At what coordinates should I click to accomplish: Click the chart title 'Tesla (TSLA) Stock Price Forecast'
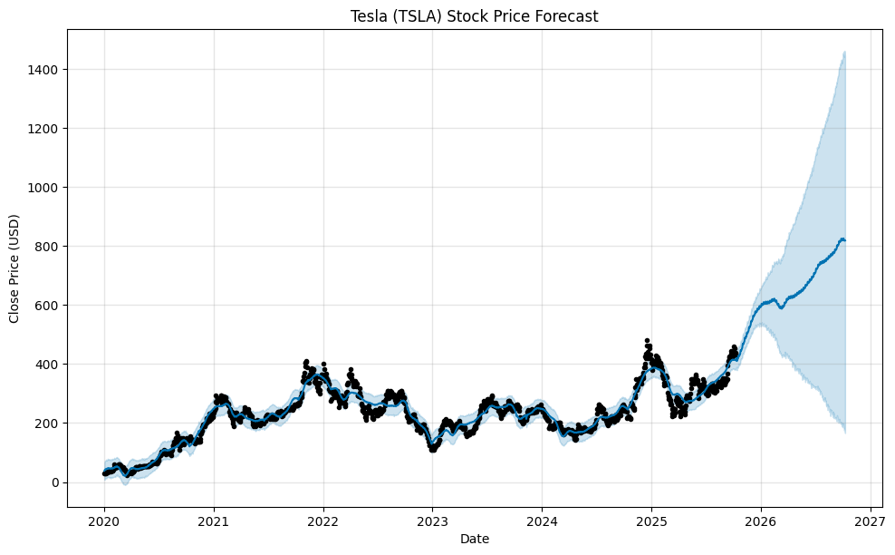click(474, 16)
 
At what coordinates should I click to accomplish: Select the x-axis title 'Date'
click(474, 539)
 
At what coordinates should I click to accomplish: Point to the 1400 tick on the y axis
click(43, 70)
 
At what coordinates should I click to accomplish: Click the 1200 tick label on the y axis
click(43, 129)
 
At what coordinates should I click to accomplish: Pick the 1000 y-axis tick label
click(43, 188)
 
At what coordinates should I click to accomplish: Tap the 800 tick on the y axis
click(46, 247)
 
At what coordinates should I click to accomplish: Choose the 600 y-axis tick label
click(46, 306)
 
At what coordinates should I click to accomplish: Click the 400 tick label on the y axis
click(46, 365)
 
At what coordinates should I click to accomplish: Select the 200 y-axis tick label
click(46, 424)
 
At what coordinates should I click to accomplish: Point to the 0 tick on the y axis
click(53, 482)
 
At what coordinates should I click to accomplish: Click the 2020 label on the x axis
click(104, 522)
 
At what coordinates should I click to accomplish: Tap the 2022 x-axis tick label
click(322, 522)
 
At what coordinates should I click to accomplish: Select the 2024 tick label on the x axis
click(542, 522)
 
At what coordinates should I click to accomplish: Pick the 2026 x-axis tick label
click(761, 522)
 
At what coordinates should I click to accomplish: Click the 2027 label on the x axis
click(871, 522)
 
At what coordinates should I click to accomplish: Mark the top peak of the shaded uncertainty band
click(844, 52)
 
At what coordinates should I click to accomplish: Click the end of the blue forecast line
click(845, 239)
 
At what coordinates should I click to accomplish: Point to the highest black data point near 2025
click(647, 340)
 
